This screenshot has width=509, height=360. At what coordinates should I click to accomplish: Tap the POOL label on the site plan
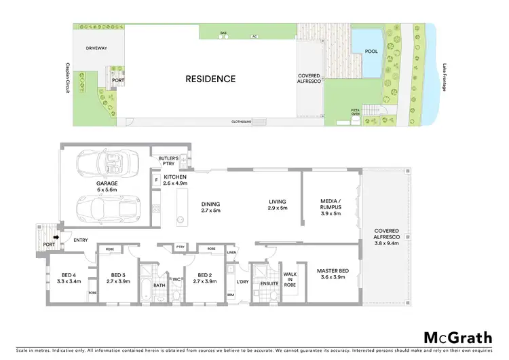click(x=372, y=51)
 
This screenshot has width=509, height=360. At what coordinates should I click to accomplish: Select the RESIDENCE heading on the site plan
click(x=210, y=79)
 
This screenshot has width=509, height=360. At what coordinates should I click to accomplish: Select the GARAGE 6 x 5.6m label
click(x=107, y=187)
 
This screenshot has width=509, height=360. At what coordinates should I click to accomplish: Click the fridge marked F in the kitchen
click(x=157, y=181)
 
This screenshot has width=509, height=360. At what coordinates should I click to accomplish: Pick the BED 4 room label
click(x=69, y=277)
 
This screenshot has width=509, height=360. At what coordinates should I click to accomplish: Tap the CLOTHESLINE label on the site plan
click(x=242, y=122)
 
